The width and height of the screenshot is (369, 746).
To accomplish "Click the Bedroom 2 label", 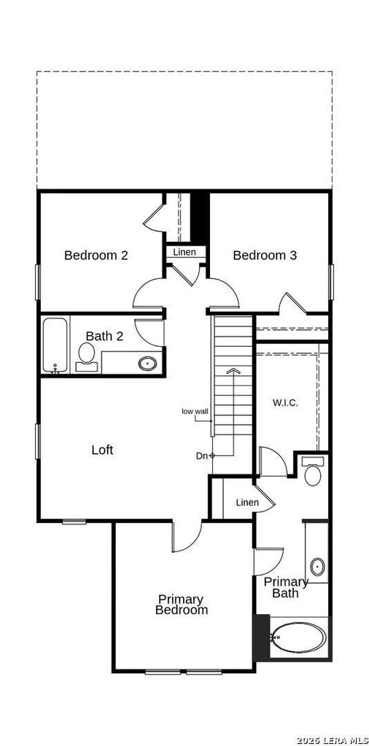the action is pyautogui.click(x=96, y=256).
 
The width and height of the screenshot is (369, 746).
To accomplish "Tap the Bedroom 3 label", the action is pyautogui.click(x=265, y=256).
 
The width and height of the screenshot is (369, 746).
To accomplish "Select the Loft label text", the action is pyautogui.click(x=102, y=449).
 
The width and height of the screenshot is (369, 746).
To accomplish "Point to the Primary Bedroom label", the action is pyautogui.click(x=182, y=605).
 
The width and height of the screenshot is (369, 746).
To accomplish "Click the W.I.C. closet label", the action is pyautogui.click(x=285, y=403).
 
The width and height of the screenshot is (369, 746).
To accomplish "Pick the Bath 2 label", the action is pyautogui.click(x=105, y=337).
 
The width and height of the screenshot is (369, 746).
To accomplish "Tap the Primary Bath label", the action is pyautogui.click(x=286, y=587).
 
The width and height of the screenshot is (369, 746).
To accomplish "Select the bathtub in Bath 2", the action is pyautogui.click(x=55, y=345).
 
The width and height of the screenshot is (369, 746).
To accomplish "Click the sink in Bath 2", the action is pyautogui.click(x=148, y=364).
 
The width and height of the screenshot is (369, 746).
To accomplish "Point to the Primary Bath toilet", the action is pyautogui.click(x=313, y=471).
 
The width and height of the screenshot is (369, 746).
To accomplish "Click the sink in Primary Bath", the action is pyautogui.click(x=317, y=567).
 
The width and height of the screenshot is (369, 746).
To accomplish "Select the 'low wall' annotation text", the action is pyautogui.click(x=195, y=412).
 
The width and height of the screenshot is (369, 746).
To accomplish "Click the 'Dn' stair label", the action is pyautogui.click(x=202, y=456).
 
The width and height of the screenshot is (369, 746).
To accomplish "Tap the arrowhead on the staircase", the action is pyautogui.click(x=233, y=371).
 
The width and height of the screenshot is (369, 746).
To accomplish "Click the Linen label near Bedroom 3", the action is pyautogui.click(x=184, y=252).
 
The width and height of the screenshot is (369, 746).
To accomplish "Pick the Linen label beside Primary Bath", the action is pyautogui.click(x=248, y=503).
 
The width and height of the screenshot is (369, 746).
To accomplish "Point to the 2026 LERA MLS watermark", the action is pyautogui.click(x=332, y=740).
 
